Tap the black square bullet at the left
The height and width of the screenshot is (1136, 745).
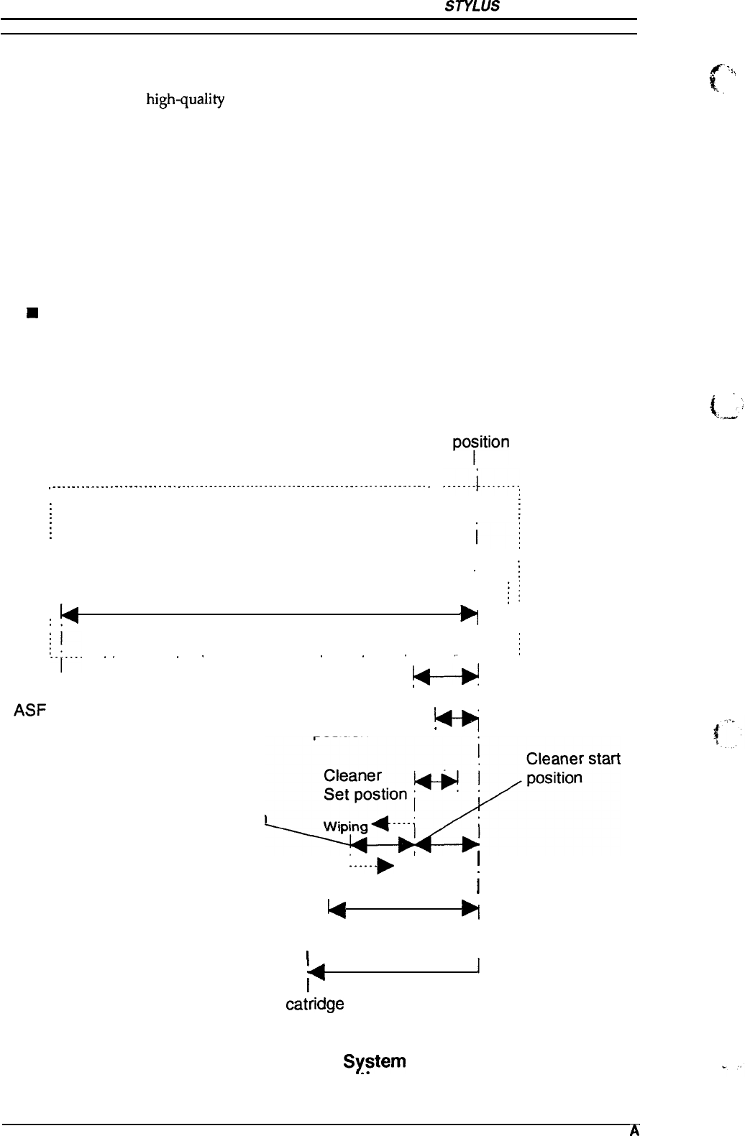(x=31, y=313)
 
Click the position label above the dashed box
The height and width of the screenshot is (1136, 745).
(x=480, y=442)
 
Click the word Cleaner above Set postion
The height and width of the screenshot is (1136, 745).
(x=352, y=776)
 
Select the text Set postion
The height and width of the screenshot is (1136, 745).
(x=365, y=795)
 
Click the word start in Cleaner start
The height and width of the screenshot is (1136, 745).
(x=603, y=759)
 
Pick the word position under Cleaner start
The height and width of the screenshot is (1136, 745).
(x=554, y=778)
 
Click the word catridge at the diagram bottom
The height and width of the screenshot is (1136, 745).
(x=315, y=1004)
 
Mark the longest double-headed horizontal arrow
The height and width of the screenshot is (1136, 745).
(x=270, y=614)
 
